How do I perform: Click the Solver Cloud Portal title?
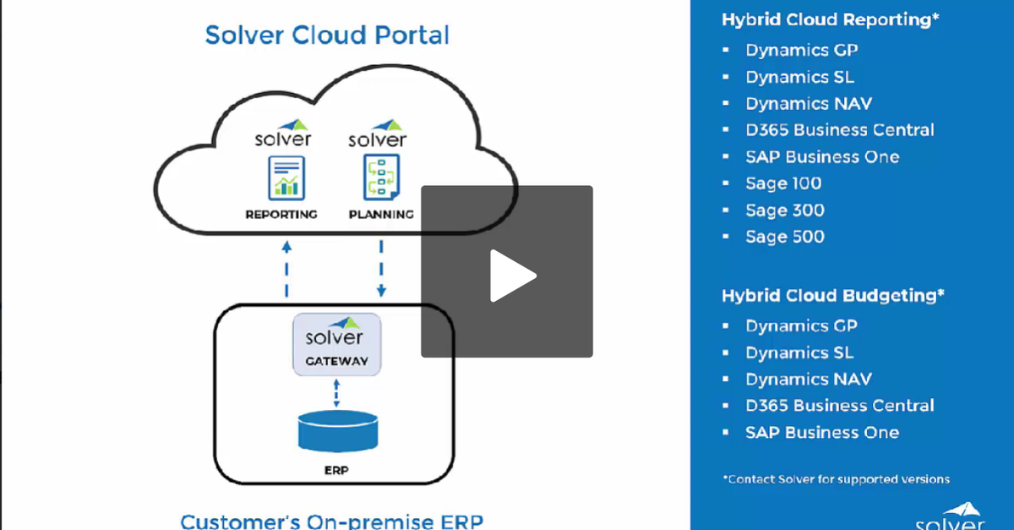click(327, 36)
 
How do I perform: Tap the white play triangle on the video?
click(510, 275)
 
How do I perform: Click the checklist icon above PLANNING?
click(380, 177)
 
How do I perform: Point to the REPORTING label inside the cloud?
click(281, 215)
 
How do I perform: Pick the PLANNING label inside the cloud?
click(381, 215)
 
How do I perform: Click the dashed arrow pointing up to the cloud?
click(286, 269)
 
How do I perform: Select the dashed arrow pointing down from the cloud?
click(381, 269)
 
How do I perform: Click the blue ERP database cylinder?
click(336, 432)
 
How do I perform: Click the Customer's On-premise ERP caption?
click(331, 520)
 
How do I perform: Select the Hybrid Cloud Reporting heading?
click(830, 19)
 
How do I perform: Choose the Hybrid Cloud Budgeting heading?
click(832, 296)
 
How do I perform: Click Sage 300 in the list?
click(784, 210)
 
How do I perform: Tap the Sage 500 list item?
click(784, 238)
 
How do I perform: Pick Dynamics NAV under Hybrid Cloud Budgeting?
click(808, 380)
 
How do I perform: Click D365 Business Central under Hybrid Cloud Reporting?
click(839, 130)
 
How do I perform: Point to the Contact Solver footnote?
click(836, 479)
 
